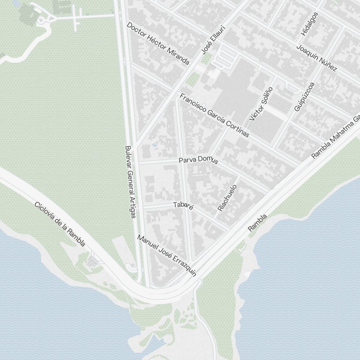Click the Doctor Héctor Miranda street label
coord(158,44)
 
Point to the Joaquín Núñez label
coord(316,58)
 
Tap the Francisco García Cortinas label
coord(214,115)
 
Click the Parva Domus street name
coord(198,160)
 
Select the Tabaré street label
coord(184,206)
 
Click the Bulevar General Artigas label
coord(130,182)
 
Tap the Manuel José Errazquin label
coord(167,256)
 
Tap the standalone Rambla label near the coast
coord(257,223)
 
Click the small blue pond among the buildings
coord(154,145)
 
